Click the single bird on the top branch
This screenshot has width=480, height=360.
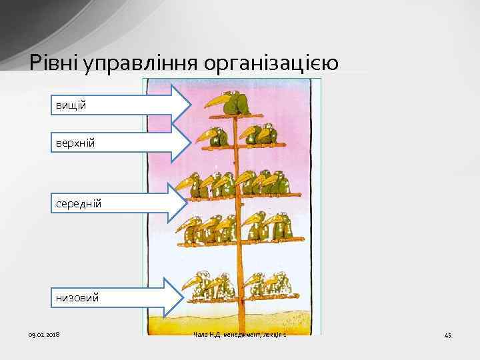(235, 103)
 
